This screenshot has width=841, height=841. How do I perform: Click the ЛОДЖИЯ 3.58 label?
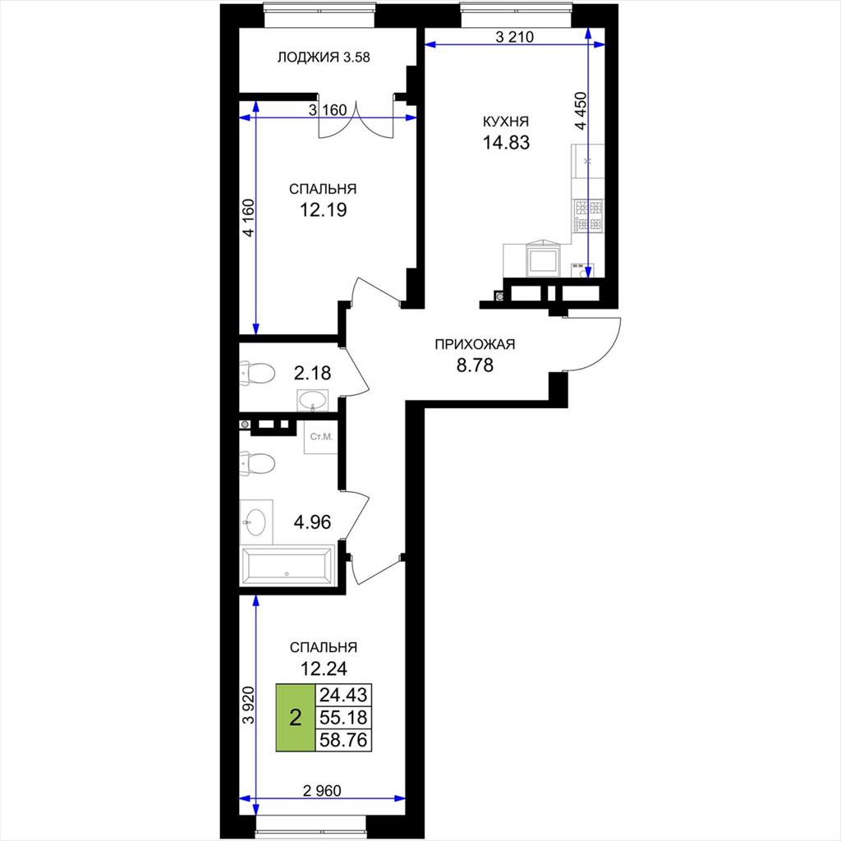[x=324, y=57]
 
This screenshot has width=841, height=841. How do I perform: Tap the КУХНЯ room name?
[x=506, y=122]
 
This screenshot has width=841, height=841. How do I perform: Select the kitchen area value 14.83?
[x=506, y=143]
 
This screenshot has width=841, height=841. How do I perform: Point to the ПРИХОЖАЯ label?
[x=475, y=344]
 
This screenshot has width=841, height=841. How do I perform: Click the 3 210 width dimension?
[x=514, y=37]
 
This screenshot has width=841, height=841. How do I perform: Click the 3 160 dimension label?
[x=328, y=110]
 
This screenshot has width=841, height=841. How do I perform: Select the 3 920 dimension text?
[x=248, y=705]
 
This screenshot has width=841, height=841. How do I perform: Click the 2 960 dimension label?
[x=322, y=791]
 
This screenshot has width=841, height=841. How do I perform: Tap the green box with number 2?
[x=296, y=717]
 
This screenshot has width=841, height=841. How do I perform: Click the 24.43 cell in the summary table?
[x=343, y=695]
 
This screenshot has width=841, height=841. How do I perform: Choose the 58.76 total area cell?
[x=343, y=740]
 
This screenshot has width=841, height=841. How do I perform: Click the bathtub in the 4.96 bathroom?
[x=288, y=566]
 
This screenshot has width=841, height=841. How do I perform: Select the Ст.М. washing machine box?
[x=321, y=437]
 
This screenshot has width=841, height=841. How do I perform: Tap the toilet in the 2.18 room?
[x=257, y=373]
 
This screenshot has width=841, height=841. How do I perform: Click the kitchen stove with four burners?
[x=589, y=216]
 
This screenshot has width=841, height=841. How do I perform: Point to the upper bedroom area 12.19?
[x=324, y=209]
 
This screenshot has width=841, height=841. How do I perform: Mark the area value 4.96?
[x=312, y=522]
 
